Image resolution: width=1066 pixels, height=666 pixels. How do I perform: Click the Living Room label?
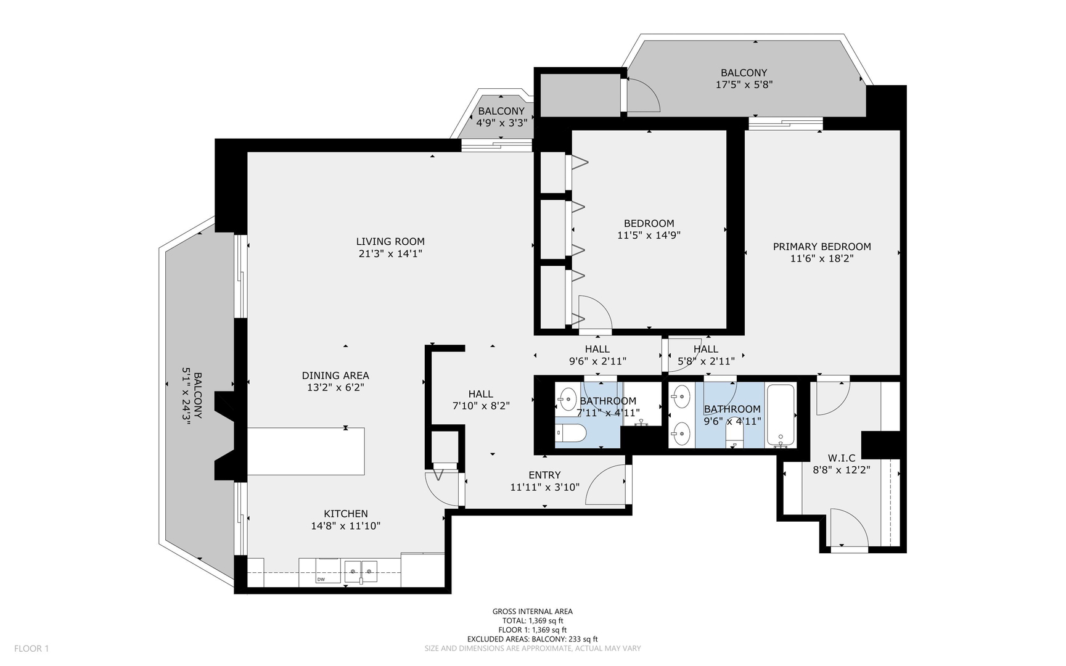point(390,242)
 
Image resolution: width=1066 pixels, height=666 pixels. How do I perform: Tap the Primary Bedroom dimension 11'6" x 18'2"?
point(822,259)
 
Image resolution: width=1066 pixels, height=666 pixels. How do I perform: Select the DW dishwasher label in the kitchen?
point(321,580)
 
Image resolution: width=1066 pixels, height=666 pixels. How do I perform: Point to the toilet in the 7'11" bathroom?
point(570,434)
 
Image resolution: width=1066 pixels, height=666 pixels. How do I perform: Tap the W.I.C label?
point(842,458)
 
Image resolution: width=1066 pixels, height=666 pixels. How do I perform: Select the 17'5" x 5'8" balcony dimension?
point(744,84)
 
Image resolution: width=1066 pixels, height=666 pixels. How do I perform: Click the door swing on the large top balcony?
point(642,96)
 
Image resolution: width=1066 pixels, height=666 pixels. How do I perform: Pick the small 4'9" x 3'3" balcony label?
point(501,112)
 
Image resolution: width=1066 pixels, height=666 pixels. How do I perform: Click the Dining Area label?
point(335,376)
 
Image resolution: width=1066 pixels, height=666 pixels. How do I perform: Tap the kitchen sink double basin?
point(361,572)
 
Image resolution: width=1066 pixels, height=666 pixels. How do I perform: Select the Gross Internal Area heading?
point(532,612)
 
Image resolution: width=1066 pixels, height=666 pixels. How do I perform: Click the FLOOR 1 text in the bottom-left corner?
point(31,648)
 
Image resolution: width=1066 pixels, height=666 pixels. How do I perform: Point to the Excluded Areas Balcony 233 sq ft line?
point(532,639)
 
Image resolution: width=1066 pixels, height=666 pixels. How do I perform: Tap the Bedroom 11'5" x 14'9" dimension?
point(649,236)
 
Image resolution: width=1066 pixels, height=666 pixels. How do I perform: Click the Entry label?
point(544,475)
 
